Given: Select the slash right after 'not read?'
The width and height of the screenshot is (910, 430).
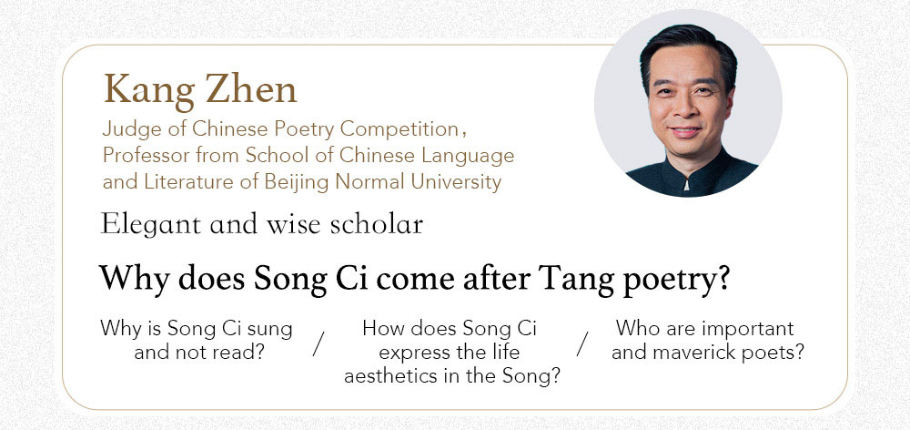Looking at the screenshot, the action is [318, 343].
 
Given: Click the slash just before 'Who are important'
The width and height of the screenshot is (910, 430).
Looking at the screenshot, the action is [582, 343].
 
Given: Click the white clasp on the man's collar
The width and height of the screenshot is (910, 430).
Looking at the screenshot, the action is [687, 185].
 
